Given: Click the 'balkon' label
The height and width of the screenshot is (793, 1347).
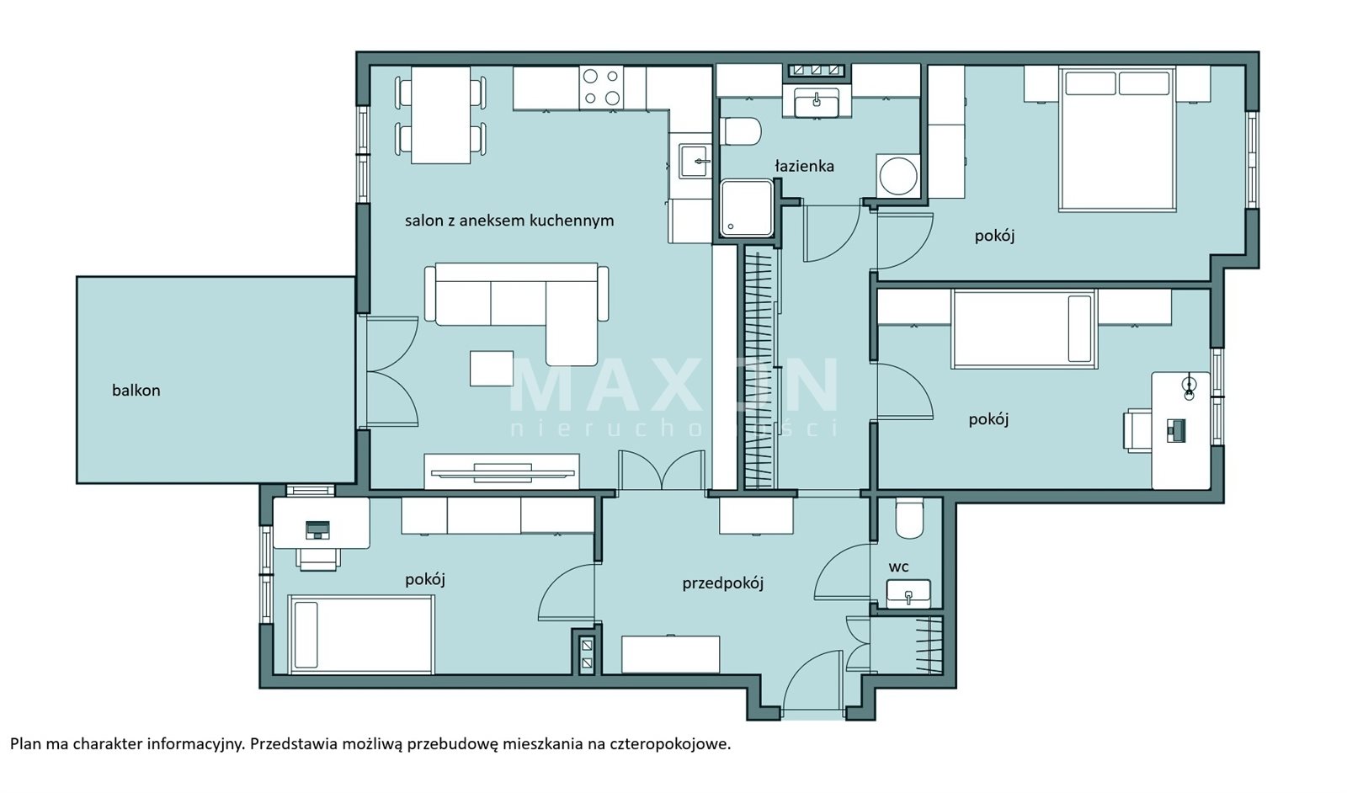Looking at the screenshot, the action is coord(136,391).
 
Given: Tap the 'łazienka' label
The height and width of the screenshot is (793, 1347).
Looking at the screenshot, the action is coord(804,166).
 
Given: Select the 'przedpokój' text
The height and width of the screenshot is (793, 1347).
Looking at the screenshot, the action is coord(723,583).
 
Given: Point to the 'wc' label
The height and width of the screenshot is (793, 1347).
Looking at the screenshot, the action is coord(898,567).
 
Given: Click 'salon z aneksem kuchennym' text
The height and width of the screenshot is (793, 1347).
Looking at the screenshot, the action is coord(509,221).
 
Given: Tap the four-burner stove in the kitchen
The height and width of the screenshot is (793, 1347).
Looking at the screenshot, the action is coord(601,88).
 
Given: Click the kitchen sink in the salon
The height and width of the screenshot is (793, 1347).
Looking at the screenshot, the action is coord(695,161).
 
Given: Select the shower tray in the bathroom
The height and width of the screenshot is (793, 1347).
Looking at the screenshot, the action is coord(747,208).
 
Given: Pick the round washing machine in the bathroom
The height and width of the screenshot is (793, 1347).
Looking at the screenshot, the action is coord(897,176).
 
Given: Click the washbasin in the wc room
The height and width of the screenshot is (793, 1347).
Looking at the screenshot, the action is coord(908,594).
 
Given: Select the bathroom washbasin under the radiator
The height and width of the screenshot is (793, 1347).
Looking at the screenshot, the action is coord(817,102).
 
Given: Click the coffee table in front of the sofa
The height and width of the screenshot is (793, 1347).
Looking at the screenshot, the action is coord(492,369).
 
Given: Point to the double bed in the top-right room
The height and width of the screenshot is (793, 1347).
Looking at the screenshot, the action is coord(1117,140).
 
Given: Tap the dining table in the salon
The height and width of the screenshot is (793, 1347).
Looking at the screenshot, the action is coord(441,114).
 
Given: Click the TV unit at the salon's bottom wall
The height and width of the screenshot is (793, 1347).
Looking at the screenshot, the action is coord(502,471).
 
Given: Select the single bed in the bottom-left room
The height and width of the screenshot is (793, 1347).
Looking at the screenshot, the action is coord(361,634).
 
